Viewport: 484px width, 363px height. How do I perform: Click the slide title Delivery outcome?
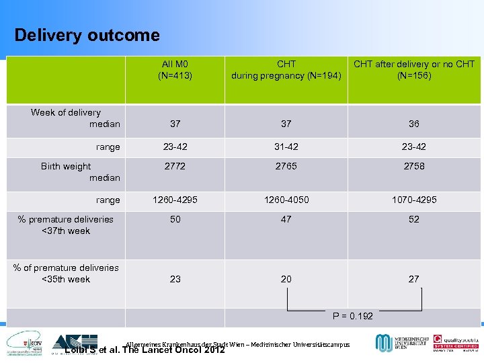click(x=87, y=35)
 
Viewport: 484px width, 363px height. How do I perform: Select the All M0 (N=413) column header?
click(x=175, y=69)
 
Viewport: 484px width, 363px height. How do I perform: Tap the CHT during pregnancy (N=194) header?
click(x=286, y=69)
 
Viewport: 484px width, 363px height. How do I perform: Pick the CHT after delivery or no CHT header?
click(x=414, y=69)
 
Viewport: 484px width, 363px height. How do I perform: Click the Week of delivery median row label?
click(x=75, y=118)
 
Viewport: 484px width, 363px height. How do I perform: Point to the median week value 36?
click(x=414, y=124)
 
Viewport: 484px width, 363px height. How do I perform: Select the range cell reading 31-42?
click(x=286, y=147)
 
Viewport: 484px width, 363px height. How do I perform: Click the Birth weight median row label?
click(x=79, y=172)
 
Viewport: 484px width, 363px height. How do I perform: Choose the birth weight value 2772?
click(x=175, y=166)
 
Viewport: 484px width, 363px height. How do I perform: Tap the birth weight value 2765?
click(x=286, y=166)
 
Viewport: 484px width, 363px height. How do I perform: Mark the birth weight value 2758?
click(x=414, y=166)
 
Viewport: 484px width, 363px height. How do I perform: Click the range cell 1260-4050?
click(x=286, y=200)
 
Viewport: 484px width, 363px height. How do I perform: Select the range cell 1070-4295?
click(x=414, y=200)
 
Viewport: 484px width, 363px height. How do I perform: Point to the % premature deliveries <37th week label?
click(x=66, y=225)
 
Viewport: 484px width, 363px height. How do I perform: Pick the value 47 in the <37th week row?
click(x=286, y=219)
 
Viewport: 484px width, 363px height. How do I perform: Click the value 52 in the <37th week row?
click(x=414, y=219)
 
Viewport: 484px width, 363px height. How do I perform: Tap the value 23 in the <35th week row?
click(x=175, y=279)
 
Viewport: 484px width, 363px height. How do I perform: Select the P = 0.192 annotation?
click(x=354, y=316)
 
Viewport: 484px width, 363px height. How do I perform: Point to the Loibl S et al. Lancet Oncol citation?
click(x=144, y=350)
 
